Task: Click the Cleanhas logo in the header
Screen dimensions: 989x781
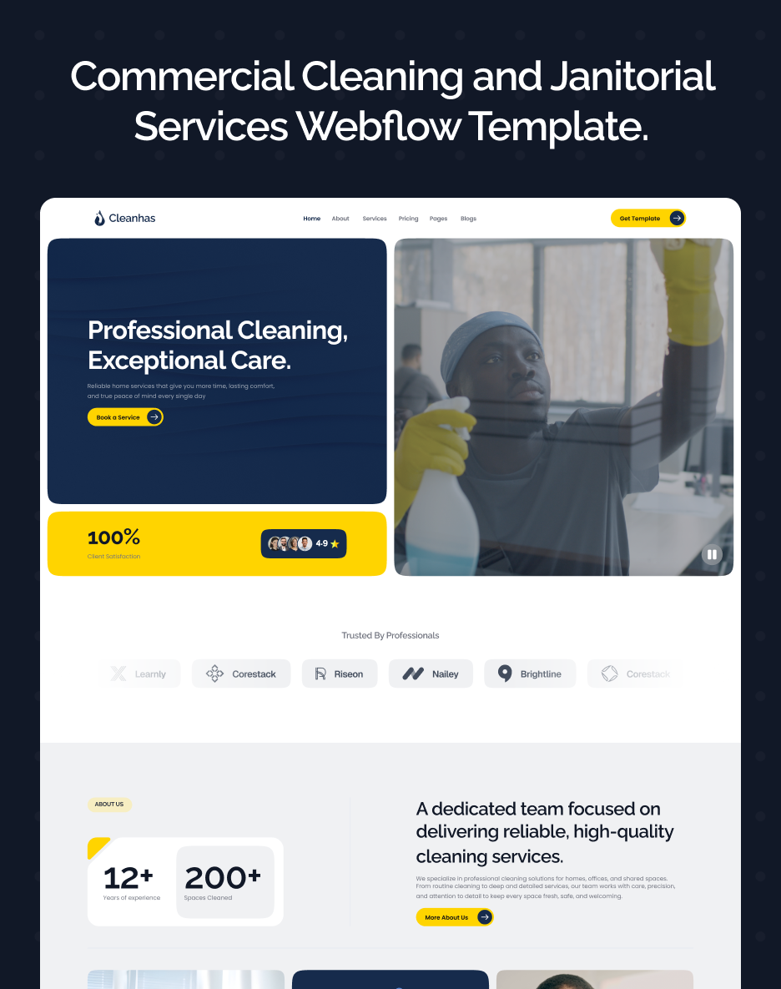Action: click(x=124, y=219)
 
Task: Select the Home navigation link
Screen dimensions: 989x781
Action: click(x=311, y=219)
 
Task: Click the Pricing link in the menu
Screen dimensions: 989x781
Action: click(x=408, y=219)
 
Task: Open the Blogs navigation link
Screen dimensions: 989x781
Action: click(x=468, y=219)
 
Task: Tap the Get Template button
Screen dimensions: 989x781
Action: click(x=647, y=219)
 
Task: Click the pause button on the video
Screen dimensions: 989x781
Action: click(x=712, y=554)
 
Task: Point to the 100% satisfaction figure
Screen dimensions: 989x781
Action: click(x=113, y=537)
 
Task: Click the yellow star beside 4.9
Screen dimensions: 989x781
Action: click(x=335, y=544)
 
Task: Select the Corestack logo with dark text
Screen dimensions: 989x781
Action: click(x=241, y=674)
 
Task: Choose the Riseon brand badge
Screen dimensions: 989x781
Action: click(x=340, y=674)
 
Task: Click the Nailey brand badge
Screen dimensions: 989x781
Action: click(x=431, y=674)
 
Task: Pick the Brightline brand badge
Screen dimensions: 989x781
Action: click(x=530, y=674)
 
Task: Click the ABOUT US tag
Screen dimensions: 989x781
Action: click(x=109, y=805)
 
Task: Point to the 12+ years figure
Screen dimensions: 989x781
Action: click(x=128, y=878)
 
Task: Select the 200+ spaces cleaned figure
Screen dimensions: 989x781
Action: click(x=223, y=878)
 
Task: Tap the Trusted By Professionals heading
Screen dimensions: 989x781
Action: click(x=390, y=636)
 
